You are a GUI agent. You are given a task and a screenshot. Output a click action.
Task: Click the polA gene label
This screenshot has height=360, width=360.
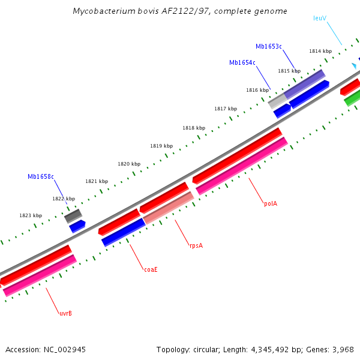pyautogui.click(x=271, y=203)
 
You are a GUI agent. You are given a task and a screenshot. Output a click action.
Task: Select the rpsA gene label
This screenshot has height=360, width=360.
pyautogui.click(x=196, y=245)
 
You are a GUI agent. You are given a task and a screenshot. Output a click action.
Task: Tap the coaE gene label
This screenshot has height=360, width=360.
pyautogui.click(x=151, y=269)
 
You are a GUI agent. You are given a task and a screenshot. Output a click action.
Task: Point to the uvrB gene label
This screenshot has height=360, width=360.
pyautogui.click(x=65, y=313)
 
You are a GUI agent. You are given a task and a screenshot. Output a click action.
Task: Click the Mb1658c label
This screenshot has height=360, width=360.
pyautogui.click(x=41, y=176)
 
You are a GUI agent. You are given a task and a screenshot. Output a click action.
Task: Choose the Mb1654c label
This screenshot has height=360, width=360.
pyautogui.click(x=242, y=62)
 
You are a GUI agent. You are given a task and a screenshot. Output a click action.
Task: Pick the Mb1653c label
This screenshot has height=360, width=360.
pyautogui.click(x=269, y=46)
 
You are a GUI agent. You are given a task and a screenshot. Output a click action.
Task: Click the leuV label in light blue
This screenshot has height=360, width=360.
pyautogui.click(x=320, y=18)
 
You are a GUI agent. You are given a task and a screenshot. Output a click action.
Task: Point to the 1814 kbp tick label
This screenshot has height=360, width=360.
pyautogui.click(x=320, y=51)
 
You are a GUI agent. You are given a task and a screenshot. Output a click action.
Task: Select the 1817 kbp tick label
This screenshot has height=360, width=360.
pyautogui.click(x=226, y=109)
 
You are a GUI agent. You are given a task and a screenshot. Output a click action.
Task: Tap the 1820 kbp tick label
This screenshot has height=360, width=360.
pyautogui.click(x=129, y=164)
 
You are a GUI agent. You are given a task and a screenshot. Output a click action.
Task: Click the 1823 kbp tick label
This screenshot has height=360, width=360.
pyautogui.click(x=31, y=215)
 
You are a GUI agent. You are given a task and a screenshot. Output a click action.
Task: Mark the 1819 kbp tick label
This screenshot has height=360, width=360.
pyautogui.click(x=161, y=146)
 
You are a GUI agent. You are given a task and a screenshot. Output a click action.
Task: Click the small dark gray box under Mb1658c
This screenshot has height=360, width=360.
pyautogui.click(x=73, y=215)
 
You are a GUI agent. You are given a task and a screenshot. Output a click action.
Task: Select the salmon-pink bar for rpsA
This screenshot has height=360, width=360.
pyautogui.click(x=169, y=208)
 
